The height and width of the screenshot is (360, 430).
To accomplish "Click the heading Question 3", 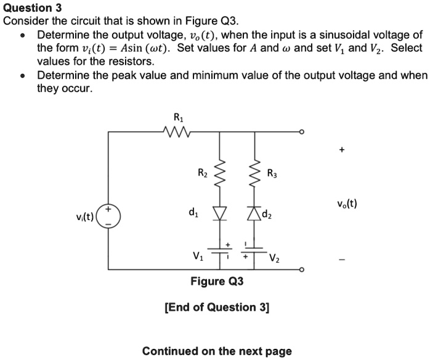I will pos(28,7).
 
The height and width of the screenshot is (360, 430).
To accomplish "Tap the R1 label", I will pos(178,117).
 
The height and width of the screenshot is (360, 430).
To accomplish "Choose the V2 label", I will pos(274,259).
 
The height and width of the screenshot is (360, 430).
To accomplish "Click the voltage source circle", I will pos(110,216).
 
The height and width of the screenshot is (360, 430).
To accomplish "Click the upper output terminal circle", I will pos(301,131).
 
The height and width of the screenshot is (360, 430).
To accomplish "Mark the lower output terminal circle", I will pos(301,270).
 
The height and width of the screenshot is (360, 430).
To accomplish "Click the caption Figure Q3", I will pos(217,282).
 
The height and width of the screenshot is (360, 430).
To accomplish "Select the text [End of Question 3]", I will pos(217,307).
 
